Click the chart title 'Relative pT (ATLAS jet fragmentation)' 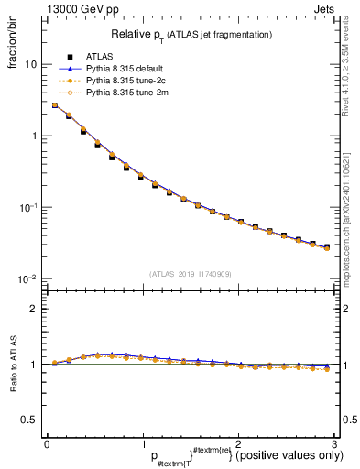click(x=191, y=34)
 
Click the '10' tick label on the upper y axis click(x=30, y=65)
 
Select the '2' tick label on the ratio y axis click(x=34, y=309)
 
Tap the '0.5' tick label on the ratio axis click(x=30, y=420)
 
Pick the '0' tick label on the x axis click(x=47, y=444)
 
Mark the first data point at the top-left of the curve click(x=55, y=105)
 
